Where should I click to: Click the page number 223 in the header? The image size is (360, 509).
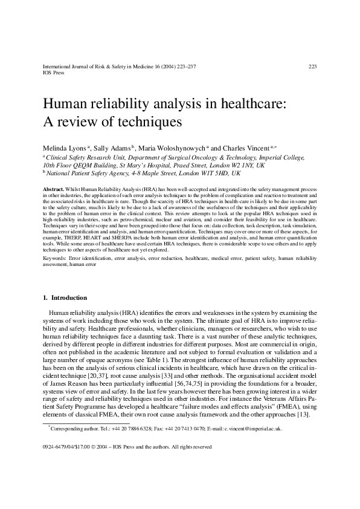pos(312,66)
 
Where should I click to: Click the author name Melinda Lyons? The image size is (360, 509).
pos(63,146)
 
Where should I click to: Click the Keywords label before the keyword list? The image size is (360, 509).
pos(54,258)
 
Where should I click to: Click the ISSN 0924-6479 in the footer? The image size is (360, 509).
pos(56,447)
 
